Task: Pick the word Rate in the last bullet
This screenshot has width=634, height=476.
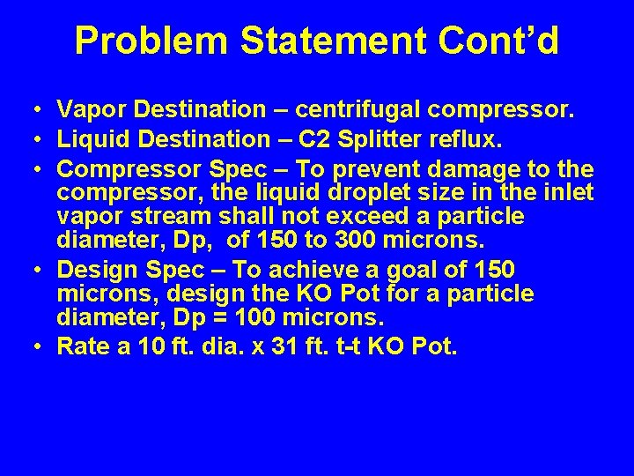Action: pos(81,346)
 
